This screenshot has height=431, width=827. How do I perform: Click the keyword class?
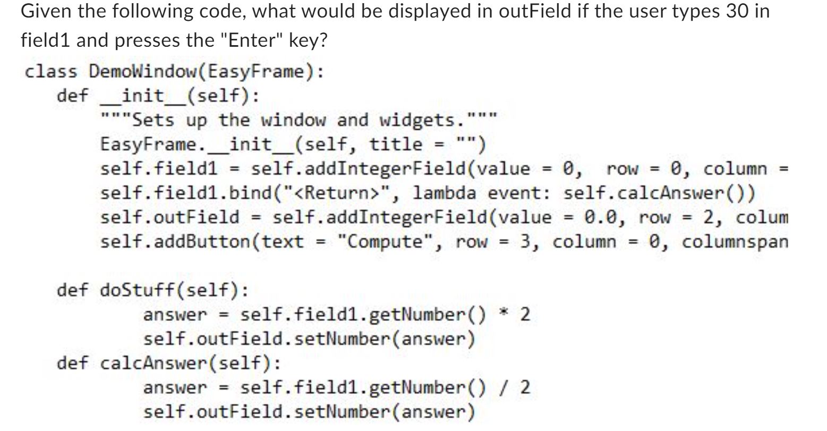point(51,71)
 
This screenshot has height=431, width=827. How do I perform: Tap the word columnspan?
point(734,242)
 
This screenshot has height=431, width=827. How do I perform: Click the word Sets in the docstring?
point(152,120)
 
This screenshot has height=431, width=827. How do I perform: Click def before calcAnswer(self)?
point(73,364)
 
